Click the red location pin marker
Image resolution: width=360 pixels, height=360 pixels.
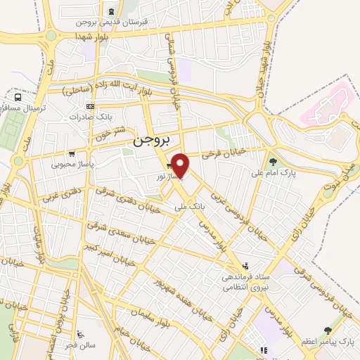click(x=181, y=165)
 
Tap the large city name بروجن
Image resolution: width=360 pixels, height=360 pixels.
click(x=151, y=141)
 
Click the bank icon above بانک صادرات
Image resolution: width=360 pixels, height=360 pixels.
click(x=89, y=106)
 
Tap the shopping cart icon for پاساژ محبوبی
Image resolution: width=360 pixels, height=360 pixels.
click(x=71, y=154)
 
